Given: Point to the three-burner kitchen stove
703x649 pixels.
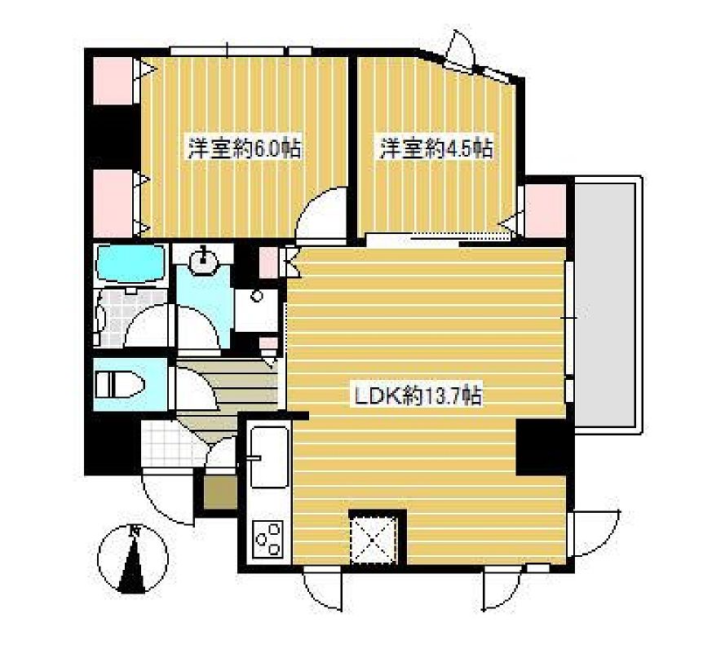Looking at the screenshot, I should (x=267, y=537).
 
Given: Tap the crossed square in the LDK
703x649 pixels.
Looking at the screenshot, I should (x=377, y=538).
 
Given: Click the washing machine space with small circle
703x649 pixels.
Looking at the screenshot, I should (x=255, y=309).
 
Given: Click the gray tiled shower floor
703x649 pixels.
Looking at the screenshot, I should (x=110, y=318).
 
